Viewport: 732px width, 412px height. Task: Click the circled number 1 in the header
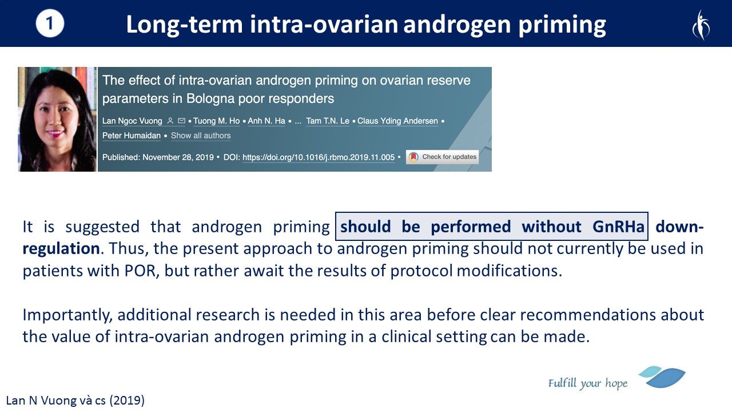coord(50,23)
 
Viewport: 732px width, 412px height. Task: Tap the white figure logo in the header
coord(701,25)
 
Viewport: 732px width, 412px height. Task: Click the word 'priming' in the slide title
coord(562,25)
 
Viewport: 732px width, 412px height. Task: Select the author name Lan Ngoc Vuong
coord(132,121)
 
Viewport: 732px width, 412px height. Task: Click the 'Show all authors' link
coord(201,136)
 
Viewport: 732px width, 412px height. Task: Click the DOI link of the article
coord(319,157)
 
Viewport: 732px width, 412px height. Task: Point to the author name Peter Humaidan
coord(132,136)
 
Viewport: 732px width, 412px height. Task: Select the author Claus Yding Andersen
coord(397,121)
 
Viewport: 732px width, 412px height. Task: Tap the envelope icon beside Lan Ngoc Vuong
coord(181,121)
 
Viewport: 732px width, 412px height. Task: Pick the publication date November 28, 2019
coord(178,157)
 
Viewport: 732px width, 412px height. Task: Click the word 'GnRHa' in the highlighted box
coord(618,227)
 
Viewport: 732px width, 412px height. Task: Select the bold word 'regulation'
coord(61,248)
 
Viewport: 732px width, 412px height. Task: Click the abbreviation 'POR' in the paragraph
coord(140,271)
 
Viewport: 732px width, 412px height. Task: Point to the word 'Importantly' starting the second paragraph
coord(67,315)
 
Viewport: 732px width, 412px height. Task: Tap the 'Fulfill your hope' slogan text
coord(588,383)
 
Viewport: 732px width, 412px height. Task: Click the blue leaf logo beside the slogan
coord(663,377)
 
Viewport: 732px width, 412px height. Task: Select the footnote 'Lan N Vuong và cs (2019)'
coord(75,401)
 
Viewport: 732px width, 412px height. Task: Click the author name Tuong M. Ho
coord(216,121)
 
